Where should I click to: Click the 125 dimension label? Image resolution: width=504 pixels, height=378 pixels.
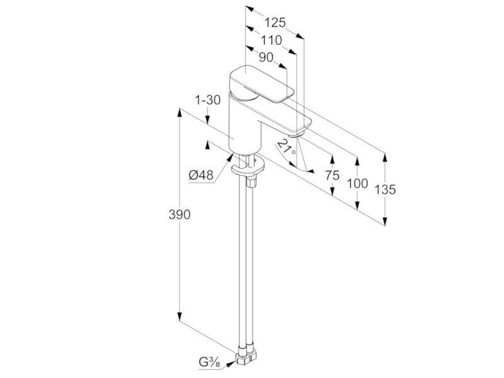coord(275,23)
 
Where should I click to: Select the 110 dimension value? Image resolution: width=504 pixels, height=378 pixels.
coord(272,40)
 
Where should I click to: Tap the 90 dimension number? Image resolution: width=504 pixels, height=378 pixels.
coord(266,57)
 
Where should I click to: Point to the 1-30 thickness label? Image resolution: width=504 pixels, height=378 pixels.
coord(208,100)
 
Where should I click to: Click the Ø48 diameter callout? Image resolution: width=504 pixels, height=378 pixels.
coord(201,175)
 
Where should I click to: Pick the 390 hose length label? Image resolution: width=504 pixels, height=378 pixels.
coord(180,215)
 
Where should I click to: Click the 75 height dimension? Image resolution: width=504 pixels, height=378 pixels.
coord(332,176)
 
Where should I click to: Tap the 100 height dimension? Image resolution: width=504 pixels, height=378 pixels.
coord(357,183)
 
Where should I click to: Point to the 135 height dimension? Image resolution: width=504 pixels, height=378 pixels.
coord(385,190)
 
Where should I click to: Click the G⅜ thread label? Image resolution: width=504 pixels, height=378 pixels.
coord(210,362)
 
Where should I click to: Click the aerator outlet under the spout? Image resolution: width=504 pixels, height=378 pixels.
coord(296,135)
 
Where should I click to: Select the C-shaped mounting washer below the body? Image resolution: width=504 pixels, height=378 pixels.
coord(248,167)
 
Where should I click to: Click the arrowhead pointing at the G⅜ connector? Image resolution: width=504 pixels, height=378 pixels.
coord(230,363)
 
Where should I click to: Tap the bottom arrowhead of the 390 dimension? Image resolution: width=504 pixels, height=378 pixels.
coord(180,316)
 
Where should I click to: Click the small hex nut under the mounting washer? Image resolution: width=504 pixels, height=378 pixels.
coord(251,181)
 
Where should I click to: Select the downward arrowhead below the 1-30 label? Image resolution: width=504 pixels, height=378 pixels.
coord(208,120)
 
